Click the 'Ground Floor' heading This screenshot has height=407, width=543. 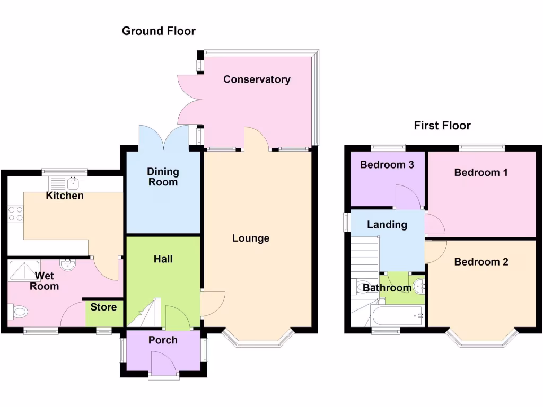coord(159,31)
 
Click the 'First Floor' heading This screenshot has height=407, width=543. coord(442,126)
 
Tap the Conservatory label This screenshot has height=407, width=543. coord(257,79)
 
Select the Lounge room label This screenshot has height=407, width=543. coord(251,238)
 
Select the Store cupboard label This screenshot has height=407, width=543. coord(103,307)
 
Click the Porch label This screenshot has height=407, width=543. coord(163,340)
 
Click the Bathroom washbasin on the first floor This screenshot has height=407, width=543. coord(421,287)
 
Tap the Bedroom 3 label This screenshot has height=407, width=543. coord(387,164)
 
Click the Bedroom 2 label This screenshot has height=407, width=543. coord(481,262)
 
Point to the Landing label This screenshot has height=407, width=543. coord(387,225)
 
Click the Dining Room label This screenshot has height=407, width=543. coord(163,177)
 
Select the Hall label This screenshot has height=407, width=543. coord(163,259)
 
